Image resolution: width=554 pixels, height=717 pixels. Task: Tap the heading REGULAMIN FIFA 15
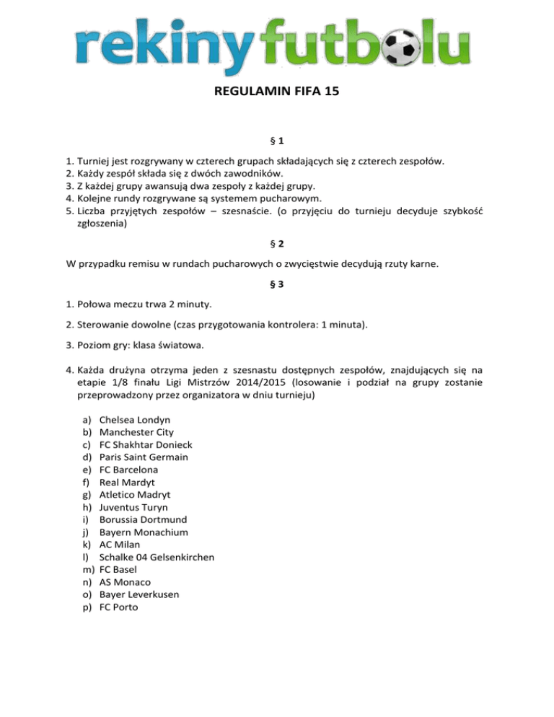277,92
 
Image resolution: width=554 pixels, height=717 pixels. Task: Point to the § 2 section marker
277,244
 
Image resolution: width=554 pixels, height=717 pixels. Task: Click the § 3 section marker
277,284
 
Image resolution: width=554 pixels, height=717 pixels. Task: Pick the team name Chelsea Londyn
134,420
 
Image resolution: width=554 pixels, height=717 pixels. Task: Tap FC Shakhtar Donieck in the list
146,445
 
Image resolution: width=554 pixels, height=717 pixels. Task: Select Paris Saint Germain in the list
144,457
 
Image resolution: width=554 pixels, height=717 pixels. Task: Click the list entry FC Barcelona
128,470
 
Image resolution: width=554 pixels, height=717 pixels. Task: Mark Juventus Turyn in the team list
133,507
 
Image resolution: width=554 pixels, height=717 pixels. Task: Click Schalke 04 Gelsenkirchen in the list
157,558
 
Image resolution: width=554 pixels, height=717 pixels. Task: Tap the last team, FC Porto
119,607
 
